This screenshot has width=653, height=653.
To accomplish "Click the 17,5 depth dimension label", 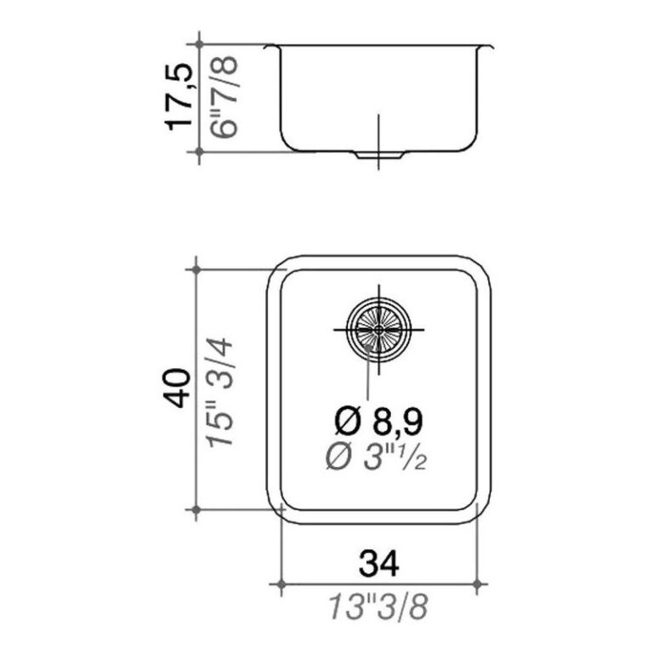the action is point(179,98).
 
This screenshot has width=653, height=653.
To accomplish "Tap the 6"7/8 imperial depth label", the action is point(224,97).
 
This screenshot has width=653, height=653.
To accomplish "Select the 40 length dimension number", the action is point(177,388).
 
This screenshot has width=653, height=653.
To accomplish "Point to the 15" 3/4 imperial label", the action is point(221,393).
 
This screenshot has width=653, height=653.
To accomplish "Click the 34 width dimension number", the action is point(379,564).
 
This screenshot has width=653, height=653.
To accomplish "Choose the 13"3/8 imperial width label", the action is point(378,607).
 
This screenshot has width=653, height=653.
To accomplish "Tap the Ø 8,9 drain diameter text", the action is point(378,421).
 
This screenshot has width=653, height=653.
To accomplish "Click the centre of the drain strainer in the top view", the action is point(378,329).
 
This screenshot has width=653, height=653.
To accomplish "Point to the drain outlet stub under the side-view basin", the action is point(379,155).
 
